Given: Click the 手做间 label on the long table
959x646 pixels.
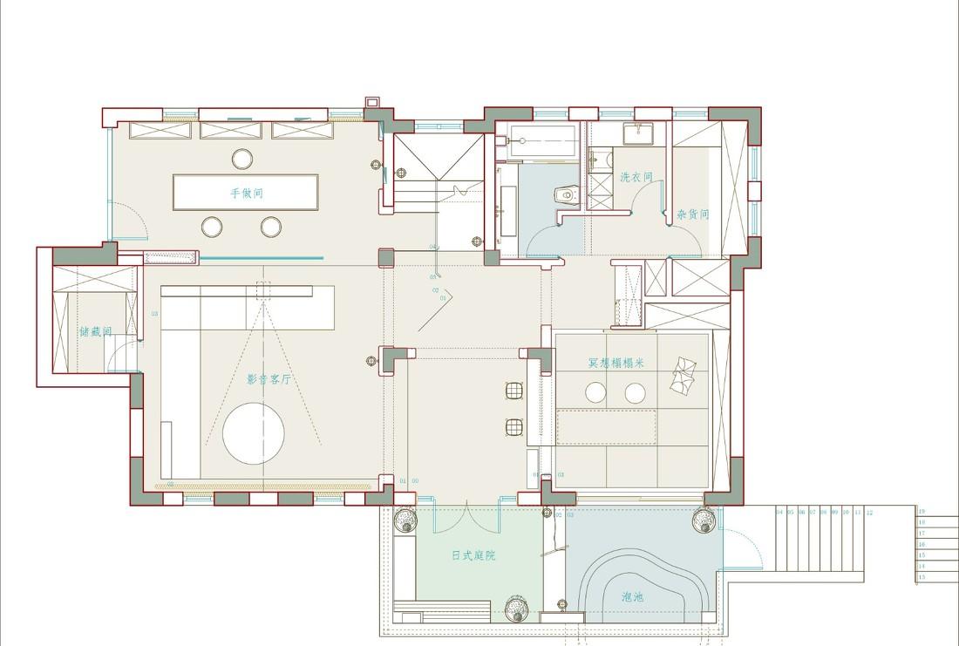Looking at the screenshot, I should click(x=247, y=193).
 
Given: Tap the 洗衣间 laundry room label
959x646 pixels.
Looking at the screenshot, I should click(x=636, y=177).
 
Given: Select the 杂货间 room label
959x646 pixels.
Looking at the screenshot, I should click(x=692, y=214).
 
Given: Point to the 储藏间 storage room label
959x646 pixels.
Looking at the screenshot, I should click(x=95, y=331).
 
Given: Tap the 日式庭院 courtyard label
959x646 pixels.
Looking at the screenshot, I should click(x=473, y=555).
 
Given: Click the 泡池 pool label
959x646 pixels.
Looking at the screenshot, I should click(x=632, y=597).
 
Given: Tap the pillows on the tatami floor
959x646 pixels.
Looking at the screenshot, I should click(x=682, y=376).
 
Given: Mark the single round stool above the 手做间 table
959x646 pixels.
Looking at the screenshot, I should click(x=242, y=159).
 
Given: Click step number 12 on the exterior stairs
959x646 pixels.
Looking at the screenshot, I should click(x=869, y=513).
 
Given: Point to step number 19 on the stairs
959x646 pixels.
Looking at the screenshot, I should click(x=921, y=512).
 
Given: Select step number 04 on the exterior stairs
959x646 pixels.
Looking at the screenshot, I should click(x=779, y=513).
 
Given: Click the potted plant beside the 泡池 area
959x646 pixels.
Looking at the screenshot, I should click(x=704, y=520).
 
